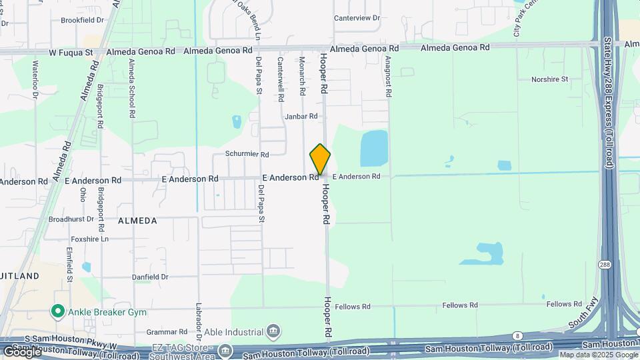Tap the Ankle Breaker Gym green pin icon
(x=58, y=311)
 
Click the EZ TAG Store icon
(x=226, y=351)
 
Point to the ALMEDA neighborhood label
(x=137, y=220)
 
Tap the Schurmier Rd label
(x=247, y=155)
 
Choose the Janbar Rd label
(x=301, y=117)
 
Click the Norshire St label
(x=549, y=79)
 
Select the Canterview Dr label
(x=357, y=19)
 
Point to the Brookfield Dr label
(x=83, y=21)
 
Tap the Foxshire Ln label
(x=90, y=239)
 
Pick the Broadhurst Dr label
(x=71, y=219)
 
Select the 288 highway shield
(x=603, y=263)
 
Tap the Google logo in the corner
(x=22, y=351)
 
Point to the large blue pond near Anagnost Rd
(x=374, y=148)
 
